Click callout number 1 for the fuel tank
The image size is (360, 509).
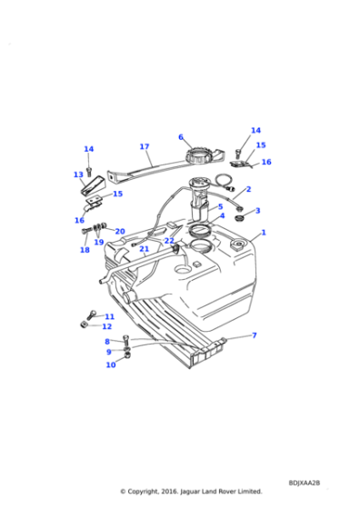point(264,233)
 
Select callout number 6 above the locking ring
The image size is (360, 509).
point(181,137)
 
